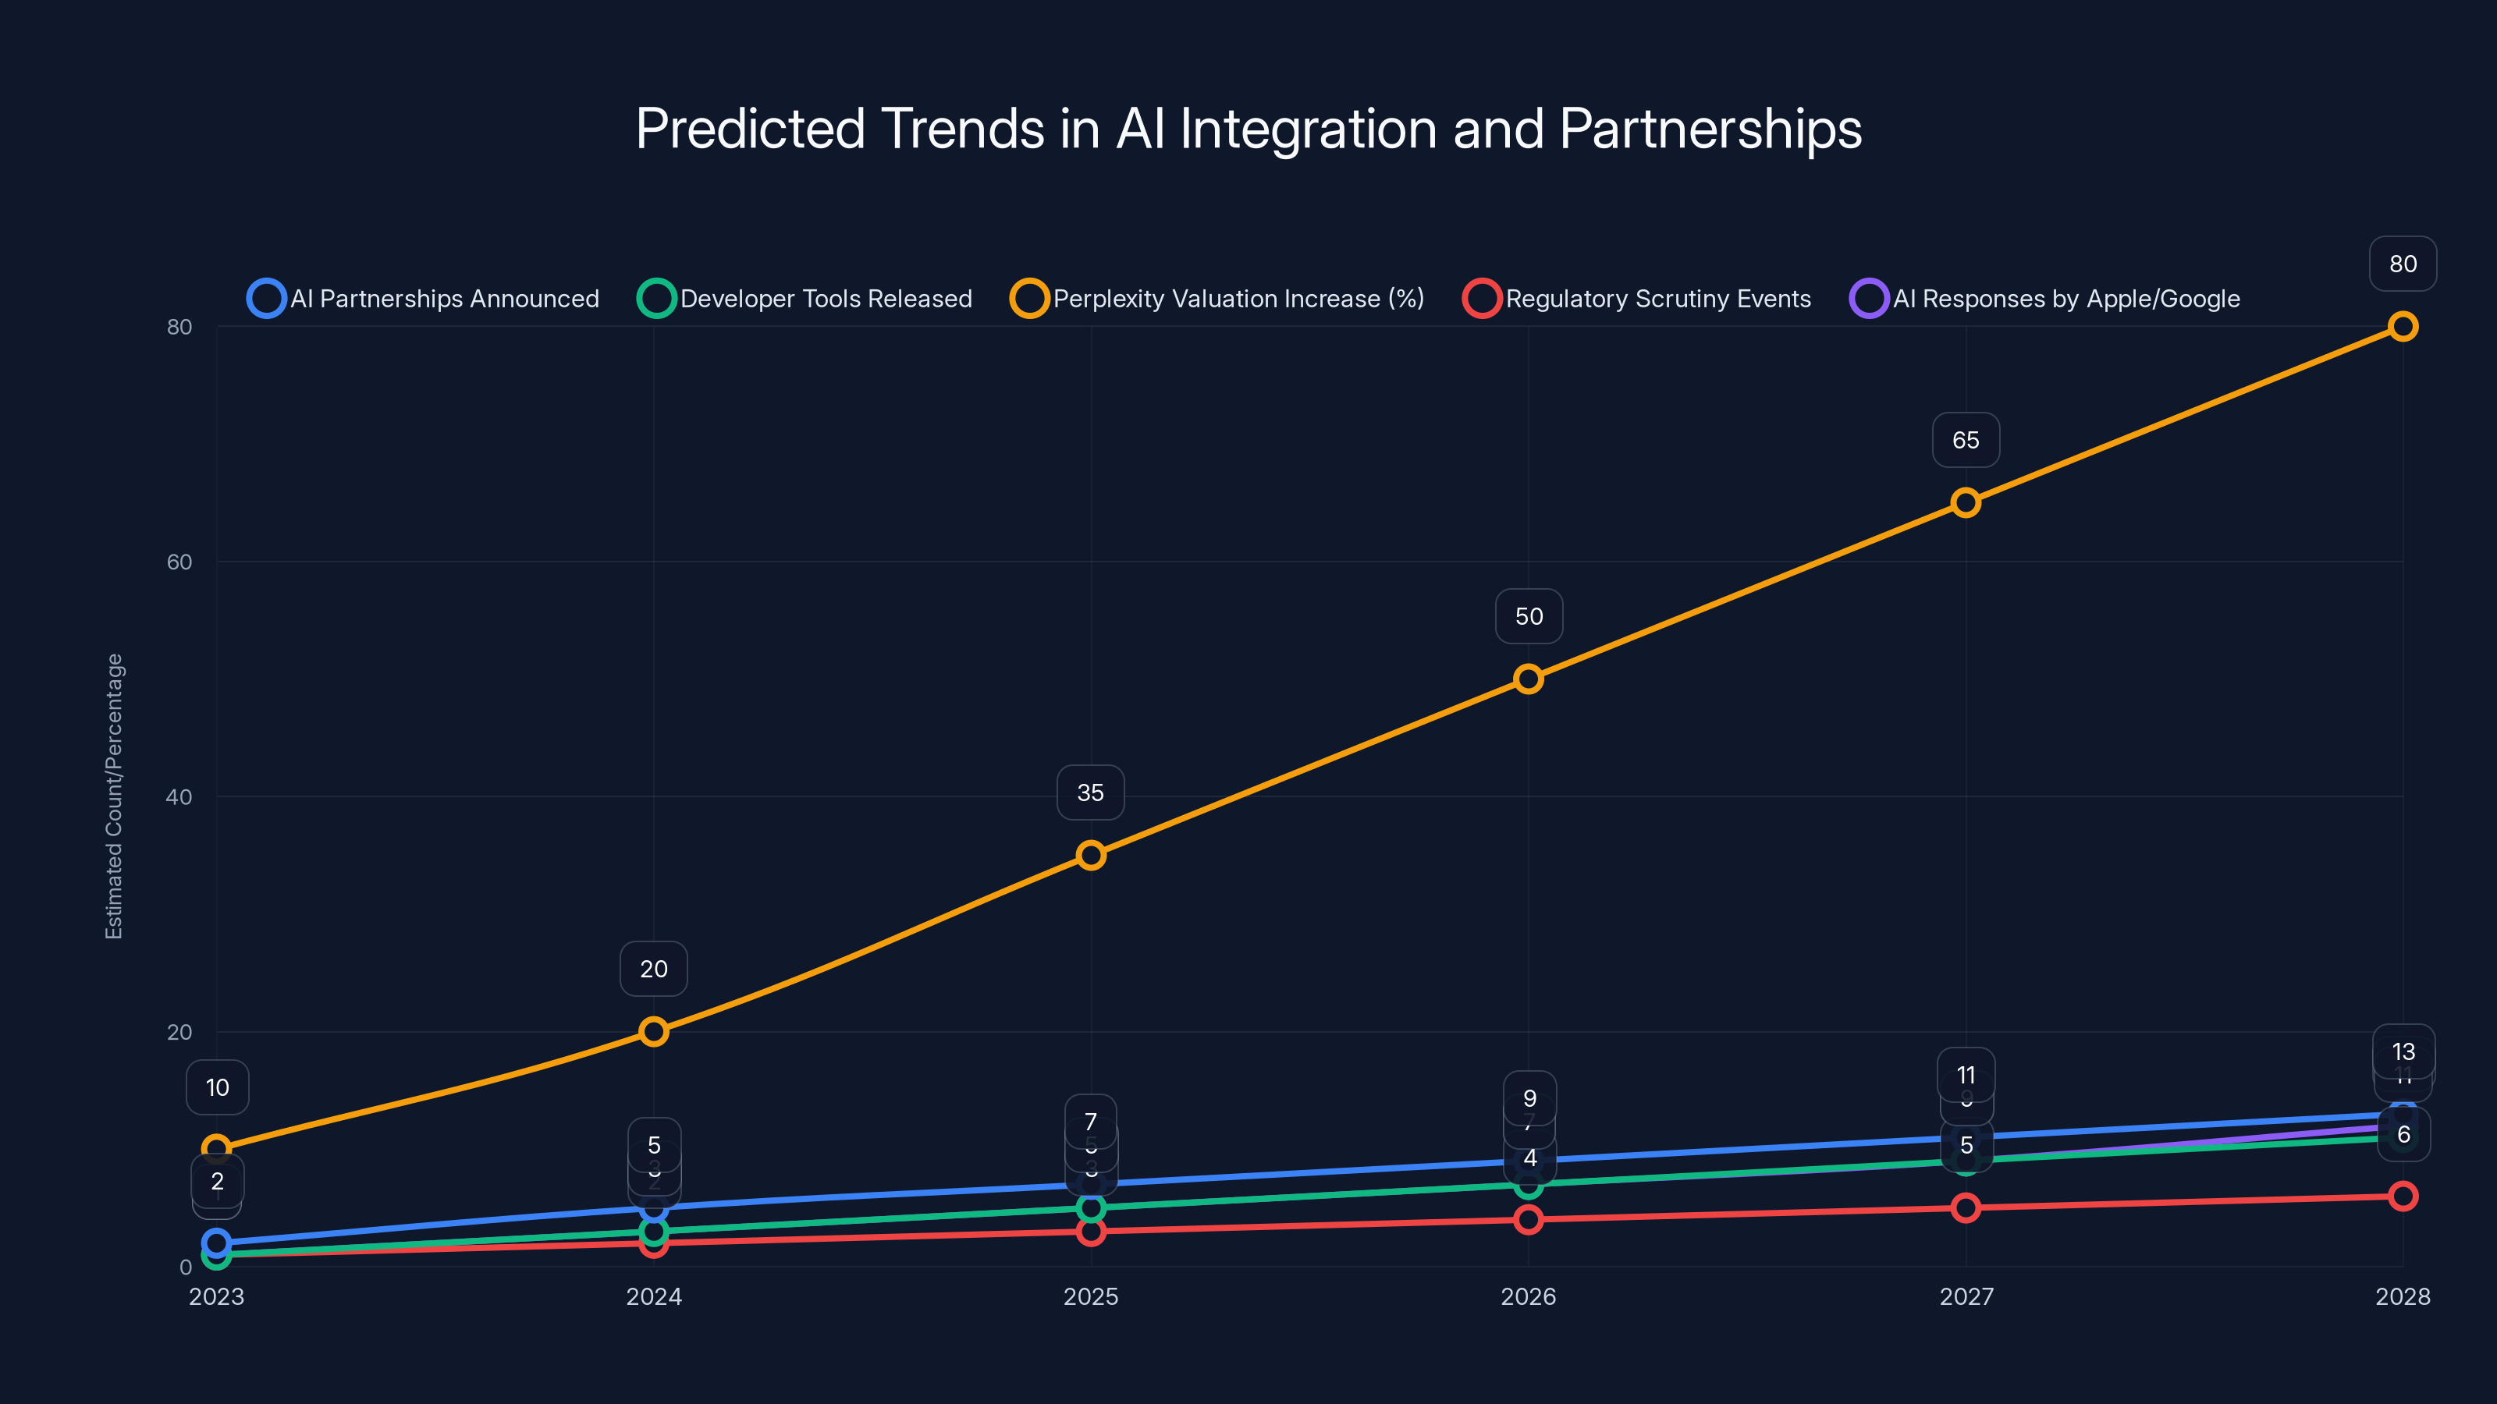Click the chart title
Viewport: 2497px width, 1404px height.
[x=1248, y=129]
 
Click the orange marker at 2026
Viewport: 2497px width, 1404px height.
[x=1529, y=679]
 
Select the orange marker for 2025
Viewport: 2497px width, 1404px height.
[x=1092, y=856]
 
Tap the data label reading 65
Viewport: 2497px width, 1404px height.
[x=1966, y=441]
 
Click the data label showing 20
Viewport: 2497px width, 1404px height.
[x=655, y=969]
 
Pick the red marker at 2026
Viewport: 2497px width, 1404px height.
[x=1529, y=1220]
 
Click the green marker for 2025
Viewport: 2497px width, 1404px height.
[x=1092, y=1208]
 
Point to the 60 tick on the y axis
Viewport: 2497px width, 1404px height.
[x=179, y=562]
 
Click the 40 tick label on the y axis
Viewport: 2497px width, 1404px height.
[x=179, y=797]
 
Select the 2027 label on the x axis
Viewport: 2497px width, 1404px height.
[x=1966, y=1297]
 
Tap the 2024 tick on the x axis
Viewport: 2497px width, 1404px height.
[x=655, y=1297]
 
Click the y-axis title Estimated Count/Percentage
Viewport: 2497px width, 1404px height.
[x=115, y=796]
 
